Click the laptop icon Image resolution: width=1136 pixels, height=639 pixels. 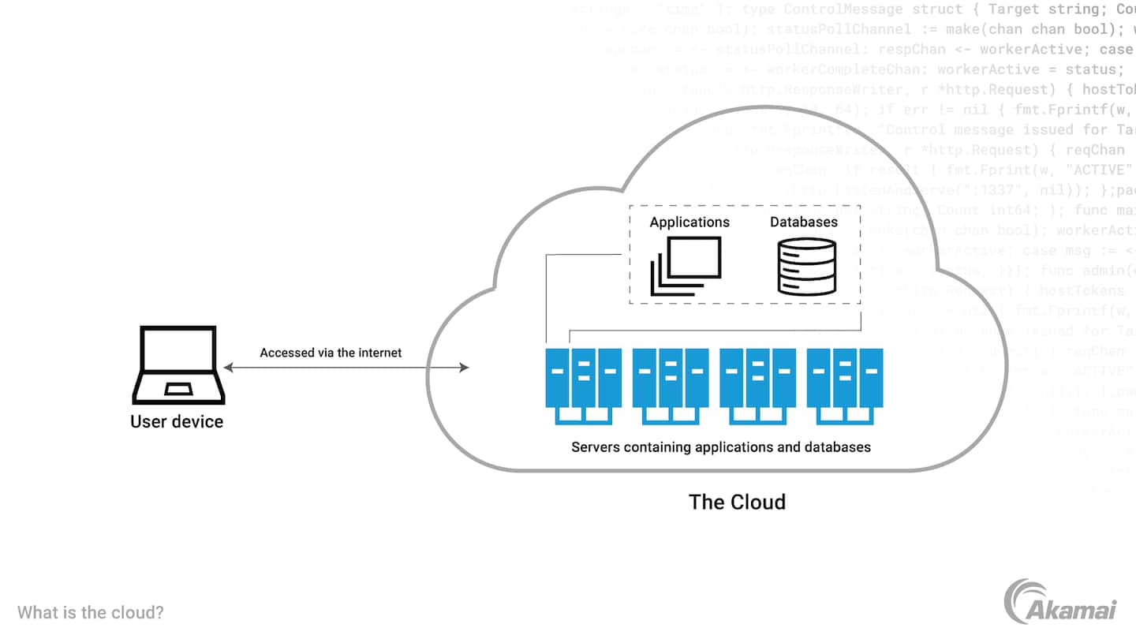click(x=177, y=364)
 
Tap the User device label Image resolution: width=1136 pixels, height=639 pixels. click(x=177, y=421)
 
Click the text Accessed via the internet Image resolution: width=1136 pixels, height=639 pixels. click(x=331, y=353)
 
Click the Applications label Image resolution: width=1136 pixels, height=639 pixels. click(x=689, y=222)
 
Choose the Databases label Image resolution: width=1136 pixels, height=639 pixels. click(x=804, y=222)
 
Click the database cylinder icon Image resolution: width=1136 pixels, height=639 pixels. click(x=805, y=268)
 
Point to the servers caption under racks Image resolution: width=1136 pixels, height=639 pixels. click(x=720, y=447)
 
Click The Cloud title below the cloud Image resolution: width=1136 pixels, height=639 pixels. click(x=737, y=502)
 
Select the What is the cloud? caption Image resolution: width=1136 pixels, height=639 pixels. click(x=91, y=612)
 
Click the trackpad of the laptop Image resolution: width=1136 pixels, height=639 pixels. click(x=177, y=389)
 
